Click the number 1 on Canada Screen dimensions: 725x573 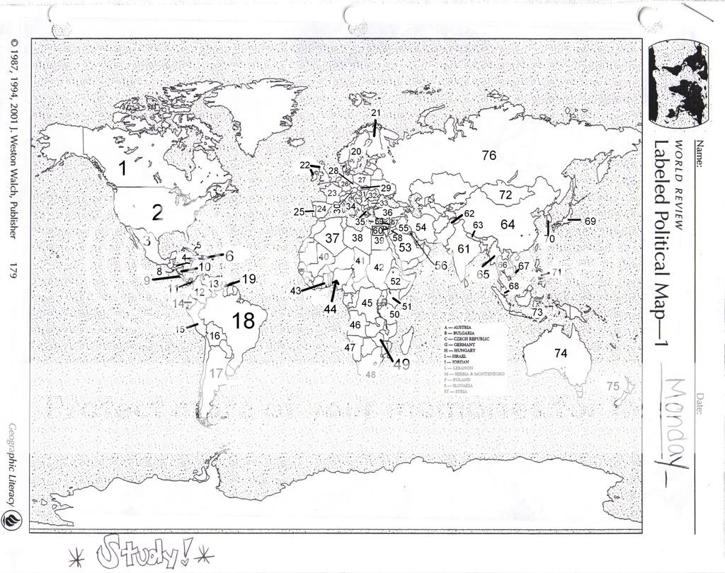pyautogui.click(x=122, y=168)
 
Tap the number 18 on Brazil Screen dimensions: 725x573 pyautogui.click(x=243, y=320)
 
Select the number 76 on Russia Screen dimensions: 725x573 pyautogui.click(x=489, y=156)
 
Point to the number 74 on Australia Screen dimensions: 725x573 pyautogui.click(x=561, y=353)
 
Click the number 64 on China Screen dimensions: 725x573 pyautogui.click(x=508, y=224)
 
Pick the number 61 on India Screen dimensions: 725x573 pyautogui.click(x=464, y=249)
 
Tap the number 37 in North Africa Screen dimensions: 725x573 pyautogui.click(x=332, y=238)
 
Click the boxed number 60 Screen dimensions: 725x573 pyautogui.click(x=377, y=231)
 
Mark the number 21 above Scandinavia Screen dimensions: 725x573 pyautogui.click(x=376, y=113)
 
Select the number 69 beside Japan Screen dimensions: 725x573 pyautogui.click(x=590, y=221)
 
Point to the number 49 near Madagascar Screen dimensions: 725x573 pyautogui.click(x=401, y=365)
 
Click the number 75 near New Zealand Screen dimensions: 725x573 pyautogui.click(x=613, y=386)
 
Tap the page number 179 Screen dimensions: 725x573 pyautogui.click(x=13, y=271)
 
